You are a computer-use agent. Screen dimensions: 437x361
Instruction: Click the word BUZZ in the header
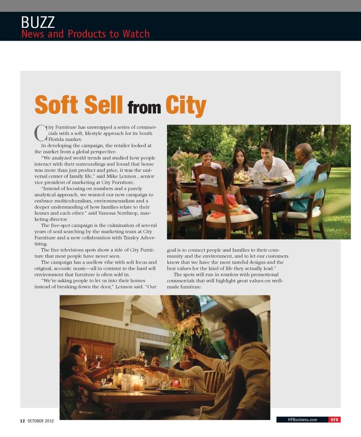pos(38,22)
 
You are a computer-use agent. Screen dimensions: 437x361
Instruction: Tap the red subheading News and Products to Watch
pos(85,34)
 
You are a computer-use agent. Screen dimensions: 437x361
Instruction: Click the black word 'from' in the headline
pos(144,108)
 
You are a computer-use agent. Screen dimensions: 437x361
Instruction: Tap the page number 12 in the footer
pos(22,421)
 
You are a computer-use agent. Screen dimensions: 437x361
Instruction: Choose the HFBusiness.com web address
pos(302,420)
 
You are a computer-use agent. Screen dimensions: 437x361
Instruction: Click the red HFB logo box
pos(334,420)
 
